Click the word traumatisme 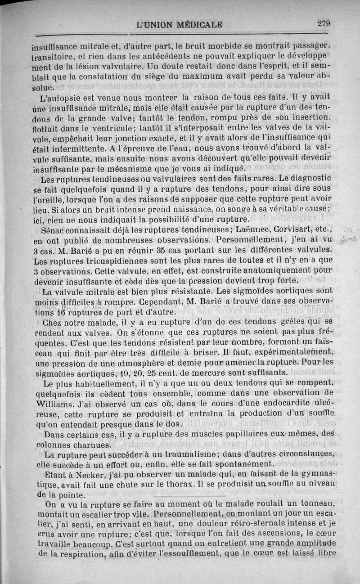tap(174, 454)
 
